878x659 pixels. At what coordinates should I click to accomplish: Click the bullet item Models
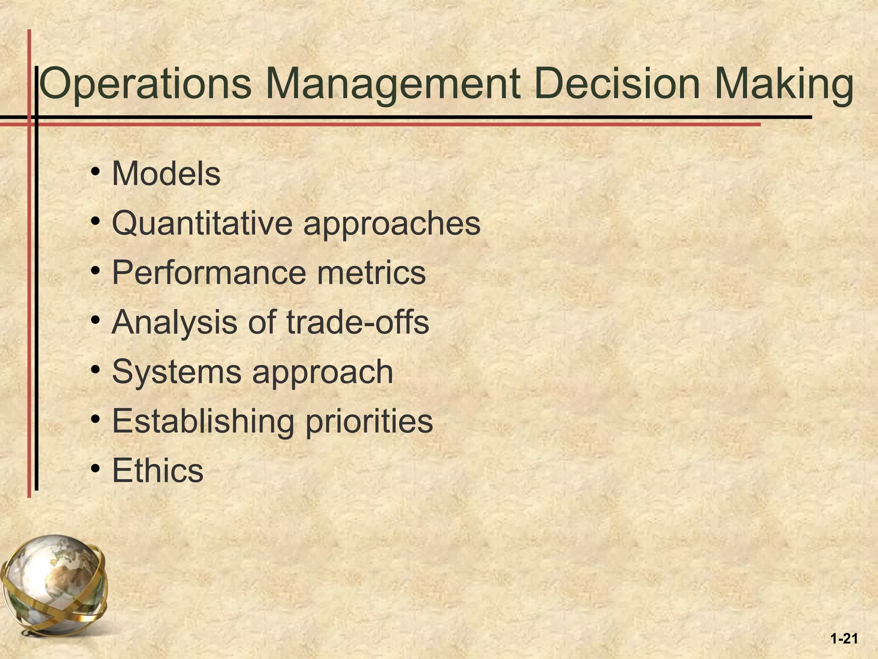(x=166, y=174)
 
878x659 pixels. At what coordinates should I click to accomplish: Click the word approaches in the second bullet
(x=392, y=224)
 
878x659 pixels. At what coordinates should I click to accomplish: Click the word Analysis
(x=174, y=322)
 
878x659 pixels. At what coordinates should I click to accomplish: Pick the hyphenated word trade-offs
(x=358, y=322)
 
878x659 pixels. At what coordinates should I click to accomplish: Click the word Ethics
(x=157, y=470)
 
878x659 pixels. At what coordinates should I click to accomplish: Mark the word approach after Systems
(x=322, y=372)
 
